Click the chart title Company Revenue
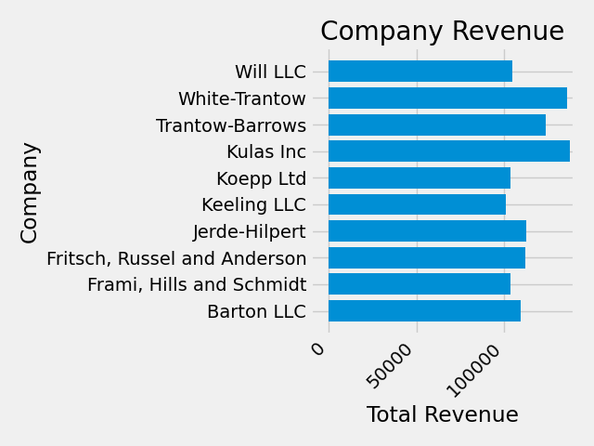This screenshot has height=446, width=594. click(x=442, y=32)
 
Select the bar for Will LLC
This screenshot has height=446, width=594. click(x=420, y=72)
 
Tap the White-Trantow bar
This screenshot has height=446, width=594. click(x=447, y=98)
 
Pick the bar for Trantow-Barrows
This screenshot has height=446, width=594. click(x=437, y=125)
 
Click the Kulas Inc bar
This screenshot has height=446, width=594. click(x=449, y=151)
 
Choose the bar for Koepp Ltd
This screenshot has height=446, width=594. click(x=420, y=178)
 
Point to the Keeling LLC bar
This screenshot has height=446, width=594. click(x=417, y=204)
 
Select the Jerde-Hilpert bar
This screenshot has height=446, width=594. click(x=427, y=231)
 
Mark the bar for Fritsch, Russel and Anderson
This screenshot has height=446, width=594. click(x=427, y=257)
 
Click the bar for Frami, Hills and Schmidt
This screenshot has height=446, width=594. click(x=420, y=284)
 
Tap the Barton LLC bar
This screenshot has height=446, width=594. click(x=424, y=311)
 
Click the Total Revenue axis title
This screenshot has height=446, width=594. click(x=442, y=415)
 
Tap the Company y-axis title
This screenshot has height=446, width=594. click(x=30, y=191)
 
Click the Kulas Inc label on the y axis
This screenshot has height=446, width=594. click(x=266, y=151)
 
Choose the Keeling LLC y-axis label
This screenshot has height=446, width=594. click(x=253, y=204)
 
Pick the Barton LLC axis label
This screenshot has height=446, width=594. click(x=256, y=311)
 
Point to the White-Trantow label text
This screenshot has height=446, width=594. click(x=242, y=98)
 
